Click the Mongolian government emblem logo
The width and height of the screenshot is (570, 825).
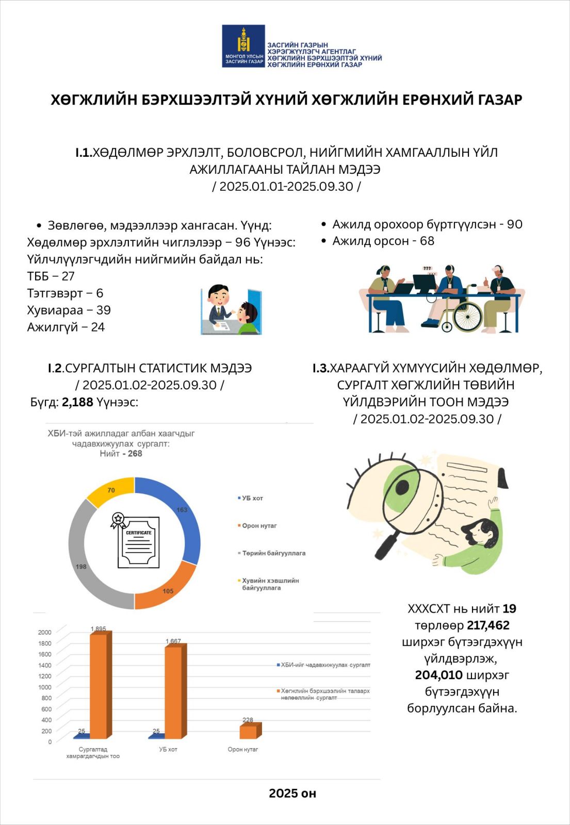(x=243, y=46)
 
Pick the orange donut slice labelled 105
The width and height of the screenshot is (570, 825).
(x=165, y=588)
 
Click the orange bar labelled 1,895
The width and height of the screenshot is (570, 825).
(x=99, y=686)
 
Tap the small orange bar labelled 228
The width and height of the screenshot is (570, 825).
(x=249, y=732)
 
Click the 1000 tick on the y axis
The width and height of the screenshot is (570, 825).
(x=45, y=687)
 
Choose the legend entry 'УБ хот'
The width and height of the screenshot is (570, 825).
(x=252, y=498)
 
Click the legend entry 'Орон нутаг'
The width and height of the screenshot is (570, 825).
(x=259, y=525)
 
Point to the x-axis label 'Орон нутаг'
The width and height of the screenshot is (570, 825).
(x=242, y=749)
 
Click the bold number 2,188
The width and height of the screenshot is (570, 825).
(x=77, y=402)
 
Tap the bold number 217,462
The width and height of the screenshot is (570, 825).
(x=488, y=625)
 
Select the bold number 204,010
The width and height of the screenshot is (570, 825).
(x=438, y=675)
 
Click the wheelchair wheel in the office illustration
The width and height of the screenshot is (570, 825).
(x=468, y=317)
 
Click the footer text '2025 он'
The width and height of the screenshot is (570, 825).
(x=292, y=793)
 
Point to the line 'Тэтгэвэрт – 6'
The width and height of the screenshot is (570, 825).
(x=65, y=293)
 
